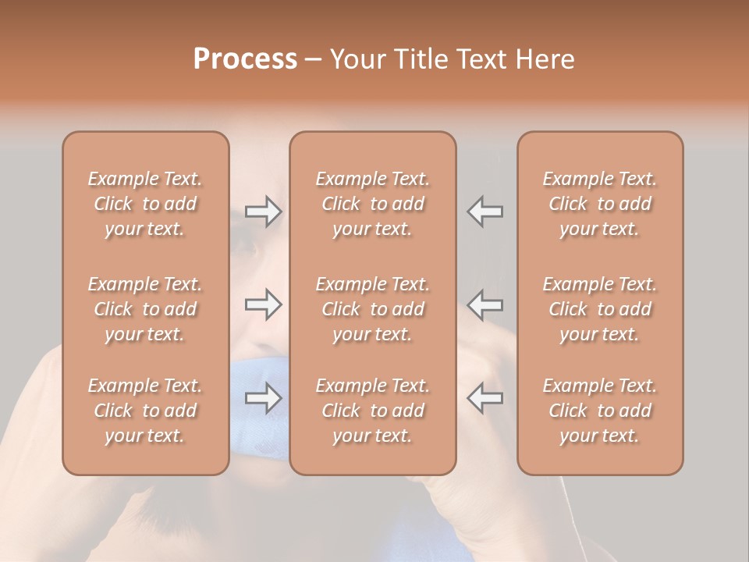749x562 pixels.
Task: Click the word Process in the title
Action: click(245, 59)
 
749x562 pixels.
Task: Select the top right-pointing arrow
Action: click(264, 212)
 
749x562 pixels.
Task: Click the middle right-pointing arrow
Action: click(264, 304)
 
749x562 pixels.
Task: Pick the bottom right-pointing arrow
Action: click(264, 398)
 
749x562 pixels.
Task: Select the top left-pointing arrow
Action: click(485, 212)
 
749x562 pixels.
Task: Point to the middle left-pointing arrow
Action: click(485, 304)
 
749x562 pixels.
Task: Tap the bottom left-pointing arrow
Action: click(485, 398)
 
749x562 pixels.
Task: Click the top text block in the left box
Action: click(145, 204)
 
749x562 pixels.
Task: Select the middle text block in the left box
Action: click(145, 309)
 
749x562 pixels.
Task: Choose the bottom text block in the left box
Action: click(145, 411)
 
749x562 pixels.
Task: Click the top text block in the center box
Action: click(373, 204)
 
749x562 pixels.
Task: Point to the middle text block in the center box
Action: click(373, 309)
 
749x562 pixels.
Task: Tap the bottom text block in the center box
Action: click(373, 411)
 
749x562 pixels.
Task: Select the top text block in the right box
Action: click(600, 204)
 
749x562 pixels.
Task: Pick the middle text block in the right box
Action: click(600, 309)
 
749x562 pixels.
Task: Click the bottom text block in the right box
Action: click(600, 411)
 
